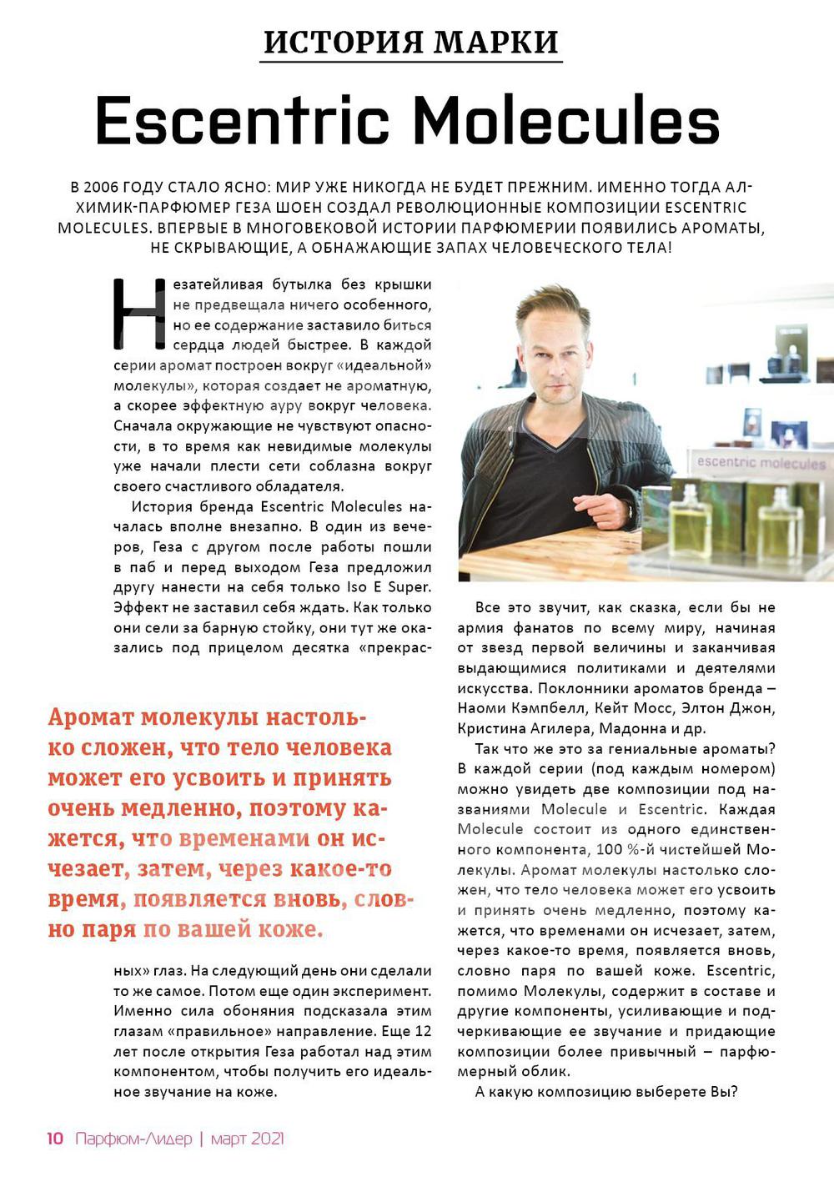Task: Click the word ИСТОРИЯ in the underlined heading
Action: [x=338, y=41]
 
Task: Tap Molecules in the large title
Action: [x=566, y=120]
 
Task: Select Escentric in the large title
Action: [x=243, y=120]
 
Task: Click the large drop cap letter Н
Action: [x=140, y=314]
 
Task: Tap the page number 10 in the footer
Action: [x=55, y=1139]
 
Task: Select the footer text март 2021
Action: [x=248, y=1139]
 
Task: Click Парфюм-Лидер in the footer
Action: [x=133, y=1139]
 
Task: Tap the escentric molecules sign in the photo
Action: [x=761, y=462]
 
